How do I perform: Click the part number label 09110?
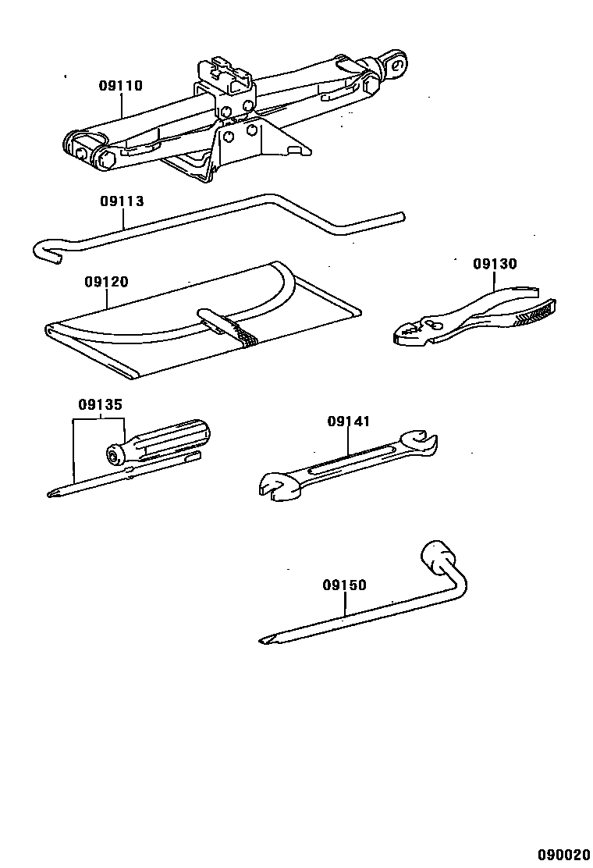coord(120,86)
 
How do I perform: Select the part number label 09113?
coord(122,201)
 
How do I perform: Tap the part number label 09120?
coord(106,282)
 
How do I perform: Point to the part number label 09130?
coord(495,264)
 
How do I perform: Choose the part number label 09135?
coord(100,404)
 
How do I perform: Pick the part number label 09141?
coord(348,421)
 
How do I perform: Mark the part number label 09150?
coord(344,585)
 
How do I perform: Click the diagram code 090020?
coord(563,855)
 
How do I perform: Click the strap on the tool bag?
coord(227,325)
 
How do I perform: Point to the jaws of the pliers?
coord(410,330)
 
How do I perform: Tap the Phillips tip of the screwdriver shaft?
coord(55,492)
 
